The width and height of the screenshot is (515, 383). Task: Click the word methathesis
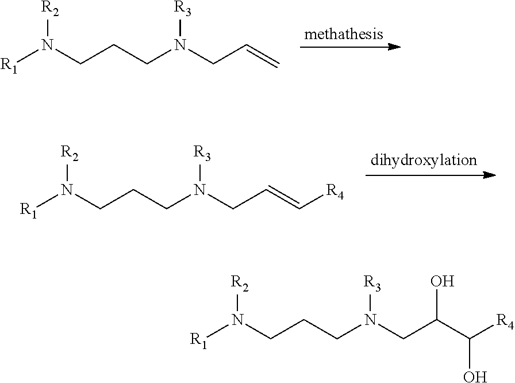344,34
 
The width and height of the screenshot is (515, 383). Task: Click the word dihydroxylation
424,160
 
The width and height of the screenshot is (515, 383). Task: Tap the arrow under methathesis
350,47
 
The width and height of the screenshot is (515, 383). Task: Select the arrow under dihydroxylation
431,175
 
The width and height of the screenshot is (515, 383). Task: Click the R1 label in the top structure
9,65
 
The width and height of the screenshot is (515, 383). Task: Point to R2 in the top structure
50,10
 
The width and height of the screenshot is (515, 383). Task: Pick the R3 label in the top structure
182,9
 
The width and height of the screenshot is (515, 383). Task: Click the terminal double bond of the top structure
263,56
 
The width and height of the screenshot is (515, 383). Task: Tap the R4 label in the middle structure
335,192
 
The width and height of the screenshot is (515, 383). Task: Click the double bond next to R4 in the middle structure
283,198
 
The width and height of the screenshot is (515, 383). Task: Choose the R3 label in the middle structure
202,154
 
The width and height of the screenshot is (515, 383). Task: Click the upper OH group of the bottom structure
443,282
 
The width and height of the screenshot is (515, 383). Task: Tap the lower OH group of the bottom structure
475,376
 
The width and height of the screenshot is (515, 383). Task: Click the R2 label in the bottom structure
240,284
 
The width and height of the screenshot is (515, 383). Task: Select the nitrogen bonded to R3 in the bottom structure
371,320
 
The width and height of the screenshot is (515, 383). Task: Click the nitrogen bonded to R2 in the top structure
48,45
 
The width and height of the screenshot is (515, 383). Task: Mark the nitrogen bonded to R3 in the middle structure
199,190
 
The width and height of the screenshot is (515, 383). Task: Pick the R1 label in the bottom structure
199,340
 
